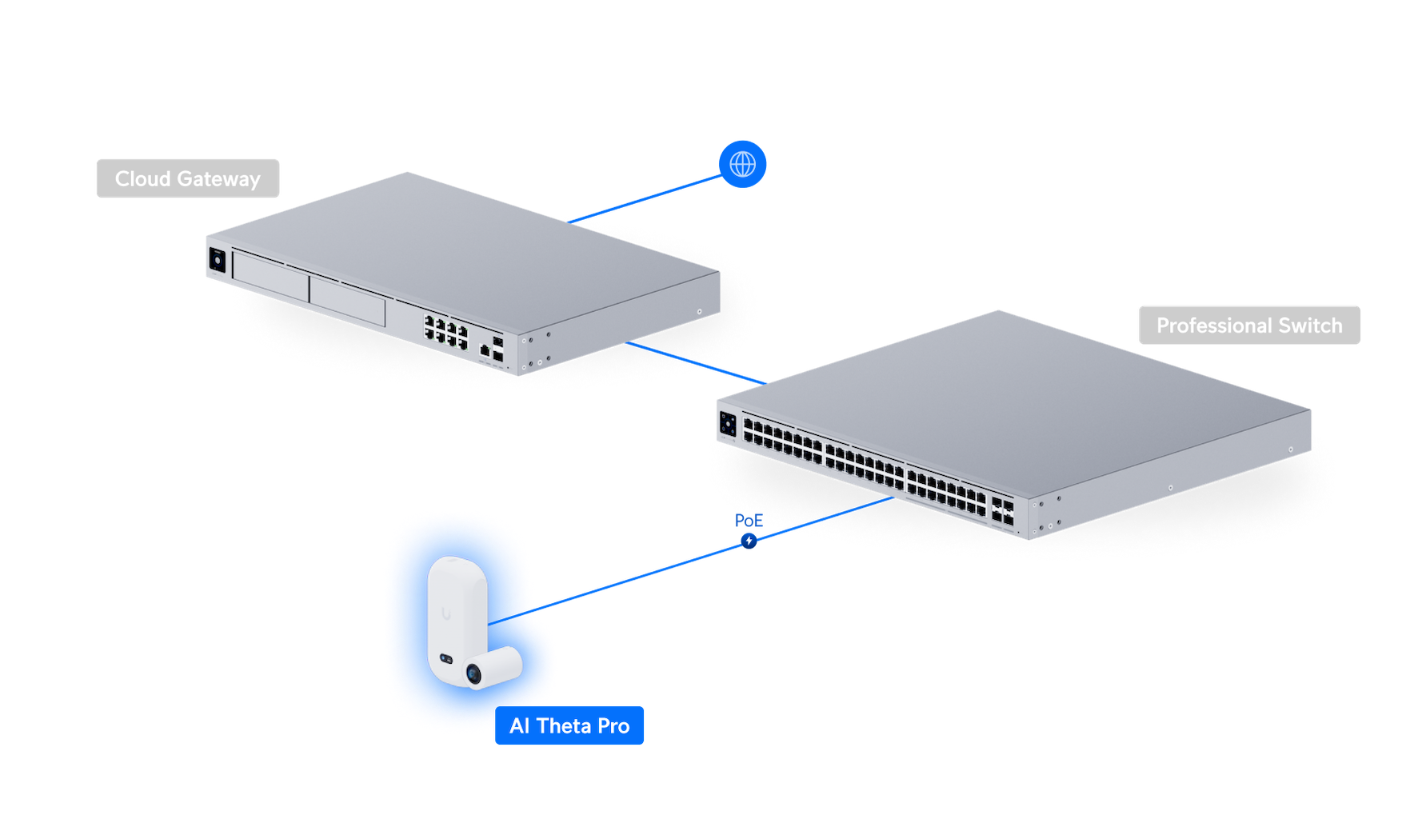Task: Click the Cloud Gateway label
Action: [188, 178]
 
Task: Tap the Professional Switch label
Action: [1248, 326]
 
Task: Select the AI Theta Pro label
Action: [569, 725]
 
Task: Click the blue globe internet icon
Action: [743, 165]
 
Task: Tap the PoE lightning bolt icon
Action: [749, 541]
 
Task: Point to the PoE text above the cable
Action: [749, 521]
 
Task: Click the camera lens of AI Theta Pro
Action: [474, 676]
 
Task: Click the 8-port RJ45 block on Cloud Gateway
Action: [445, 330]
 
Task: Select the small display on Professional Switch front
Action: [728, 423]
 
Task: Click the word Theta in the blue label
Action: [563, 725]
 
